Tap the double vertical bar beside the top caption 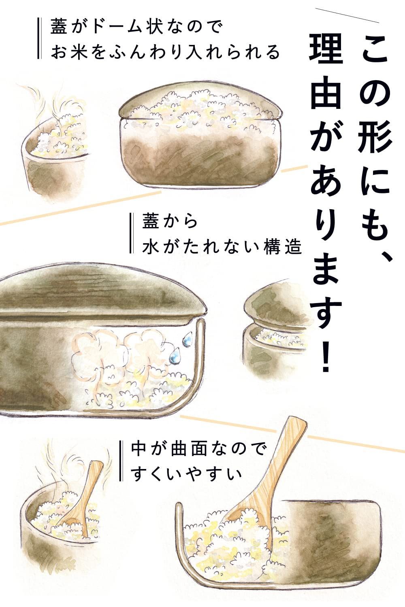(x=39, y=39)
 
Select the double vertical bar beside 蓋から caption (x=130, y=234)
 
